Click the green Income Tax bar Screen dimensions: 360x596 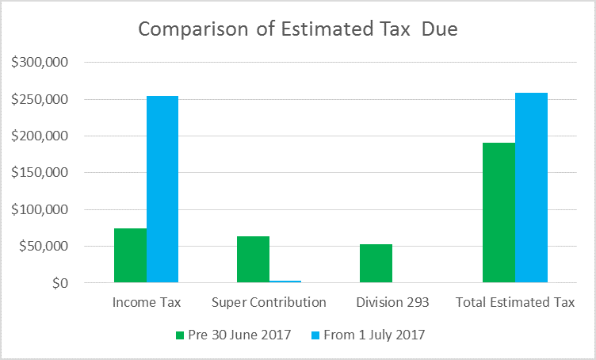coord(130,255)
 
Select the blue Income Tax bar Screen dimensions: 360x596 coord(162,190)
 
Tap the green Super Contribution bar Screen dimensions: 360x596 coord(253,259)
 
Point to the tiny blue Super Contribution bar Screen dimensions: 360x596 coord(285,281)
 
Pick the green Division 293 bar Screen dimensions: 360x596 coord(376,263)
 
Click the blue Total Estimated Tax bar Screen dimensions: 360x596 coord(531,188)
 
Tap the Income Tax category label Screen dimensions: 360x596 coord(147,302)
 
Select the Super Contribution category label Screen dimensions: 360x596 coord(269,302)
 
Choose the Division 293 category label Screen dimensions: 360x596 coord(392,302)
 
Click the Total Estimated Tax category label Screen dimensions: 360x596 coord(515,302)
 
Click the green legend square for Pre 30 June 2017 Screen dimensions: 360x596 coord(179,335)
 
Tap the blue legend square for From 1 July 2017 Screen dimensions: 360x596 coord(313,335)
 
